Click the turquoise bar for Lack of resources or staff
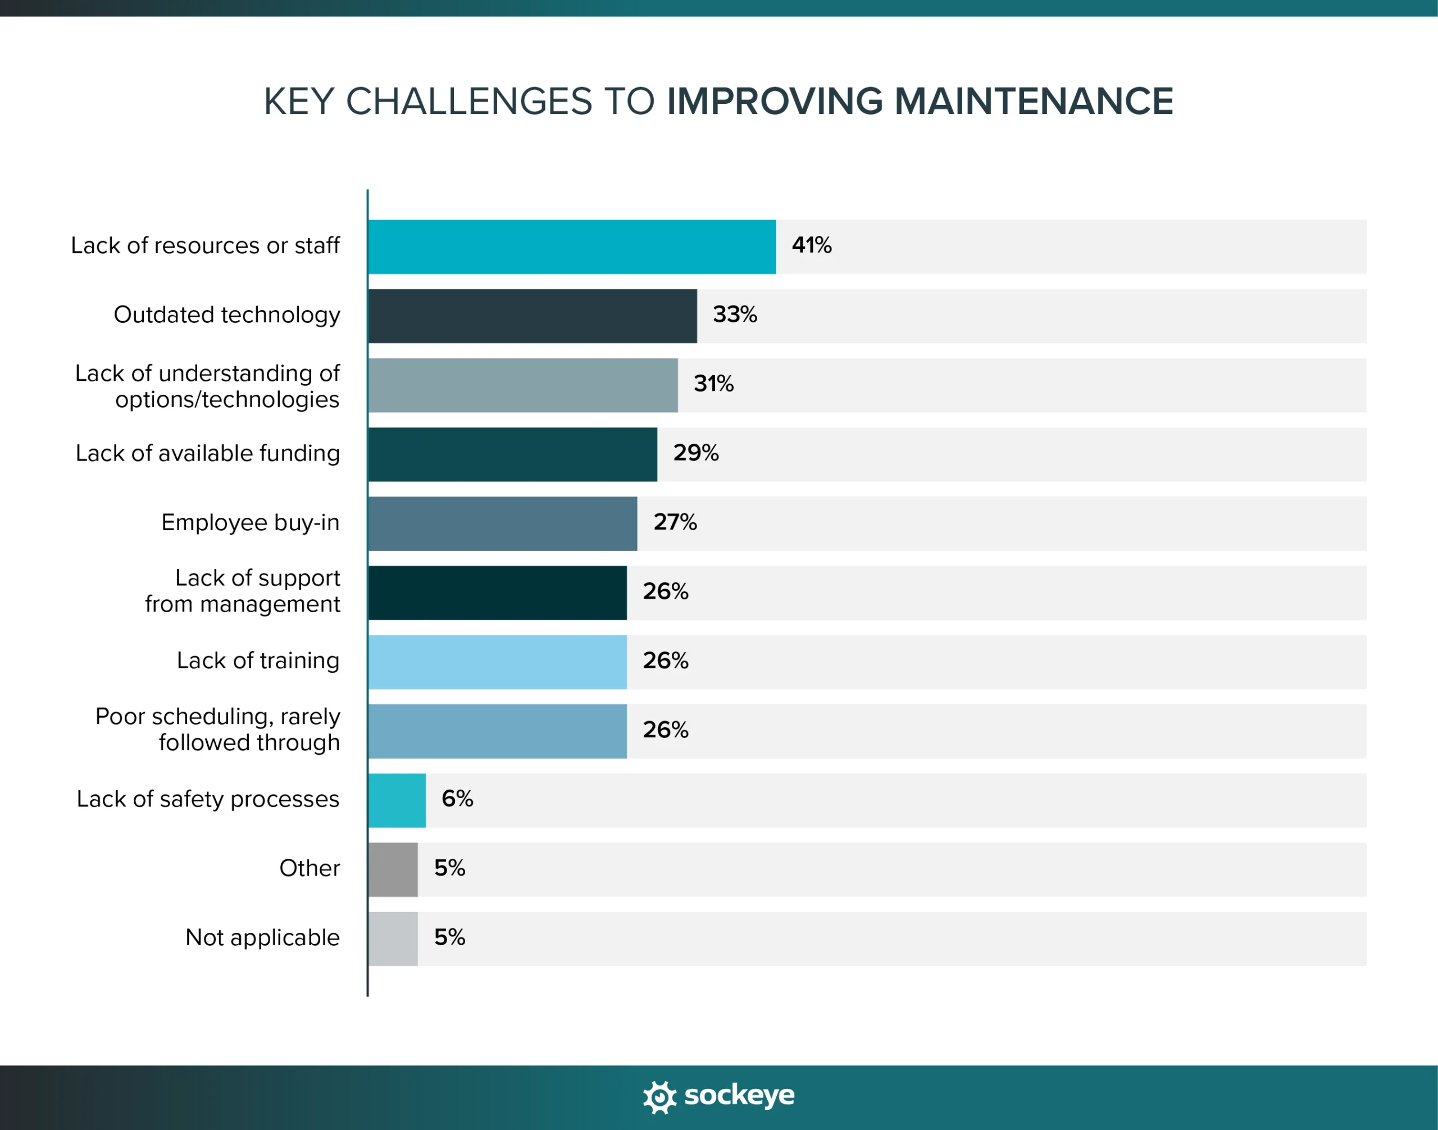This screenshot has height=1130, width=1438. [572, 247]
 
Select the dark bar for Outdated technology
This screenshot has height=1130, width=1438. [532, 316]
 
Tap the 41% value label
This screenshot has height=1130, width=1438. [811, 245]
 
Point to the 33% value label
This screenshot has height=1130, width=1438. [735, 315]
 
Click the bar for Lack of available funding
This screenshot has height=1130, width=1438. [512, 454]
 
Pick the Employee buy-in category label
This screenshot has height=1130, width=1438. [250, 523]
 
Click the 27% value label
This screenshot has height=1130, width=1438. [675, 522]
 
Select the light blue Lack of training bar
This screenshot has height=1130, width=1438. [497, 662]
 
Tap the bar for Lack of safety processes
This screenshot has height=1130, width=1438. [397, 800]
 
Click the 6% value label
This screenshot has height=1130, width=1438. [457, 799]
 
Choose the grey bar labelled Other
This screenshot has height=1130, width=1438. [393, 870]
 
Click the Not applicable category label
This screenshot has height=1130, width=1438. [262, 937]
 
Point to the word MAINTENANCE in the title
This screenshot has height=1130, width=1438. [1034, 101]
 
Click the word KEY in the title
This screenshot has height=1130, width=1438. [298, 101]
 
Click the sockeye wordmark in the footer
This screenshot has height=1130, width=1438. [739, 1096]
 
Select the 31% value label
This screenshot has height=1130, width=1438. [713, 384]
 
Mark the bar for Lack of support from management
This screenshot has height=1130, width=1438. [497, 593]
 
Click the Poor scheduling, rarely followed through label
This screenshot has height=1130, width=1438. [218, 729]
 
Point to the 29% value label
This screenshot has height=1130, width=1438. [695, 453]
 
